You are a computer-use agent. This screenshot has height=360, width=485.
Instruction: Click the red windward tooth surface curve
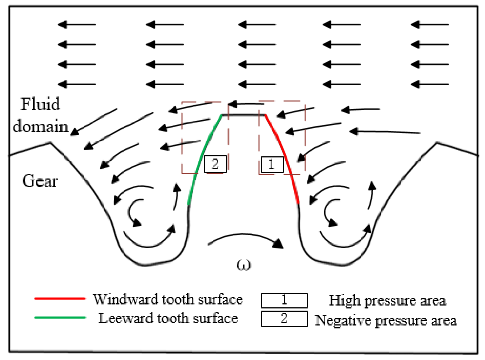tap(285, 158)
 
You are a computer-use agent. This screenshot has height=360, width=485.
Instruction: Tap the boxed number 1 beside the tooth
tap(272, 164)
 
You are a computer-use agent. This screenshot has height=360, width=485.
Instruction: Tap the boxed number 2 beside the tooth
tap(215, 164)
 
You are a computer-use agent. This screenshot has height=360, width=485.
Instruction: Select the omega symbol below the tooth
tap(243, 265)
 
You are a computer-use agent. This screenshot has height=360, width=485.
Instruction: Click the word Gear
tap(40, 181)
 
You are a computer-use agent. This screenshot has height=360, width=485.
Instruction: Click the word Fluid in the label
tap(40, 104)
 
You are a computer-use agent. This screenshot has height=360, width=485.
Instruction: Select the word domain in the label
tap(41, 126)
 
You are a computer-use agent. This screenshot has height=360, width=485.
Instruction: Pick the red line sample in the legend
tap(60, 299)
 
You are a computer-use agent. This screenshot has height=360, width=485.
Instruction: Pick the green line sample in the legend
tap(60, 317)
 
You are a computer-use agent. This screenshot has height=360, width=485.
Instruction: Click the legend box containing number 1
tap(284, 300)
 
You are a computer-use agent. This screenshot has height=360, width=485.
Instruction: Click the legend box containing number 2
tap(284, 319)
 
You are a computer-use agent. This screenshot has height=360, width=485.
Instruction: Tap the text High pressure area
tap(387, 300)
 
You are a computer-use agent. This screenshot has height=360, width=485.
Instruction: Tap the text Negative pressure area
tap(386, 320)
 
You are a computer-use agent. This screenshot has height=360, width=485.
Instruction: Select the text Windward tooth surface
tap(168, 299)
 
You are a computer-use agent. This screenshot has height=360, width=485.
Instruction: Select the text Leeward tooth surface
tap(168, 318)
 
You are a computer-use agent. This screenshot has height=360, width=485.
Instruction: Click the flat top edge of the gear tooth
tap(243, 115)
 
